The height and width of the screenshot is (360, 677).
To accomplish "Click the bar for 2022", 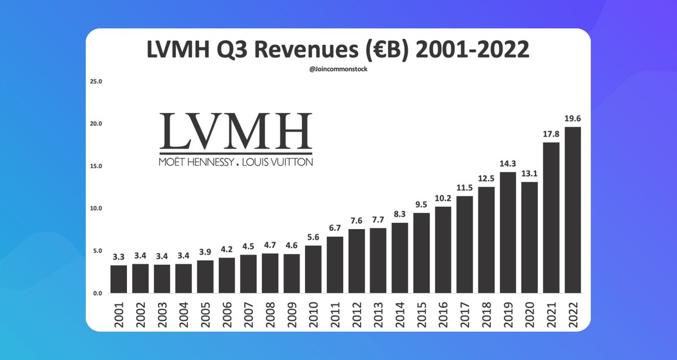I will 573,210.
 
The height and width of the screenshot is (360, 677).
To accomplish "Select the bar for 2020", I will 529,237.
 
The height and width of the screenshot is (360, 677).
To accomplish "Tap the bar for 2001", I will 118,279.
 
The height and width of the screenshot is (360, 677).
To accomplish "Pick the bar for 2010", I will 314,269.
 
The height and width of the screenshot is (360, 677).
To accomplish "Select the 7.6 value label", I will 357,221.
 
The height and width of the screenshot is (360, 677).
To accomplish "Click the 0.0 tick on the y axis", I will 98,293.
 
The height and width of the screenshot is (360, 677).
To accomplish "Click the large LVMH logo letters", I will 235,131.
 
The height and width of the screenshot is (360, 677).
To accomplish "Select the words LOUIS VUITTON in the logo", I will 276,162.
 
